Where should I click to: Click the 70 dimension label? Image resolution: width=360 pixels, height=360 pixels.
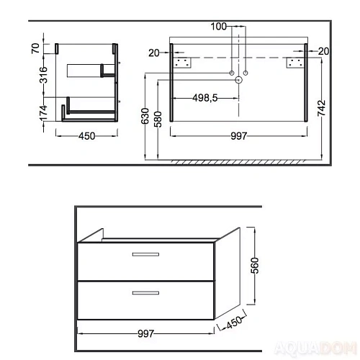click(35, 48)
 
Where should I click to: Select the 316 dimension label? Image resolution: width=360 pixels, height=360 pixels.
click(43, 75)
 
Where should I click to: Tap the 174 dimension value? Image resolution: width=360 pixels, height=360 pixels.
click(43, 113)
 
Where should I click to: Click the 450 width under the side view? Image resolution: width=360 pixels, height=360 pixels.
click(87, 136)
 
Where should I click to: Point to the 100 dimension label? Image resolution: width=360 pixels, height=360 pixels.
click(218, 27)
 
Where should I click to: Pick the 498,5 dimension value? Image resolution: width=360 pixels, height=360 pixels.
click(205, 98)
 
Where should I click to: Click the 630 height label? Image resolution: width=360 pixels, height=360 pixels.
click(145, 117)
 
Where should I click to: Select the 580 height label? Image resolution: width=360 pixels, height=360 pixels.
click(158, 120)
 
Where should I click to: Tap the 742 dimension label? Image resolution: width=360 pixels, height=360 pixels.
click(322, 108)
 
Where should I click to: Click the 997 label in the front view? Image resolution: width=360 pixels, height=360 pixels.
click(239, 136)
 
